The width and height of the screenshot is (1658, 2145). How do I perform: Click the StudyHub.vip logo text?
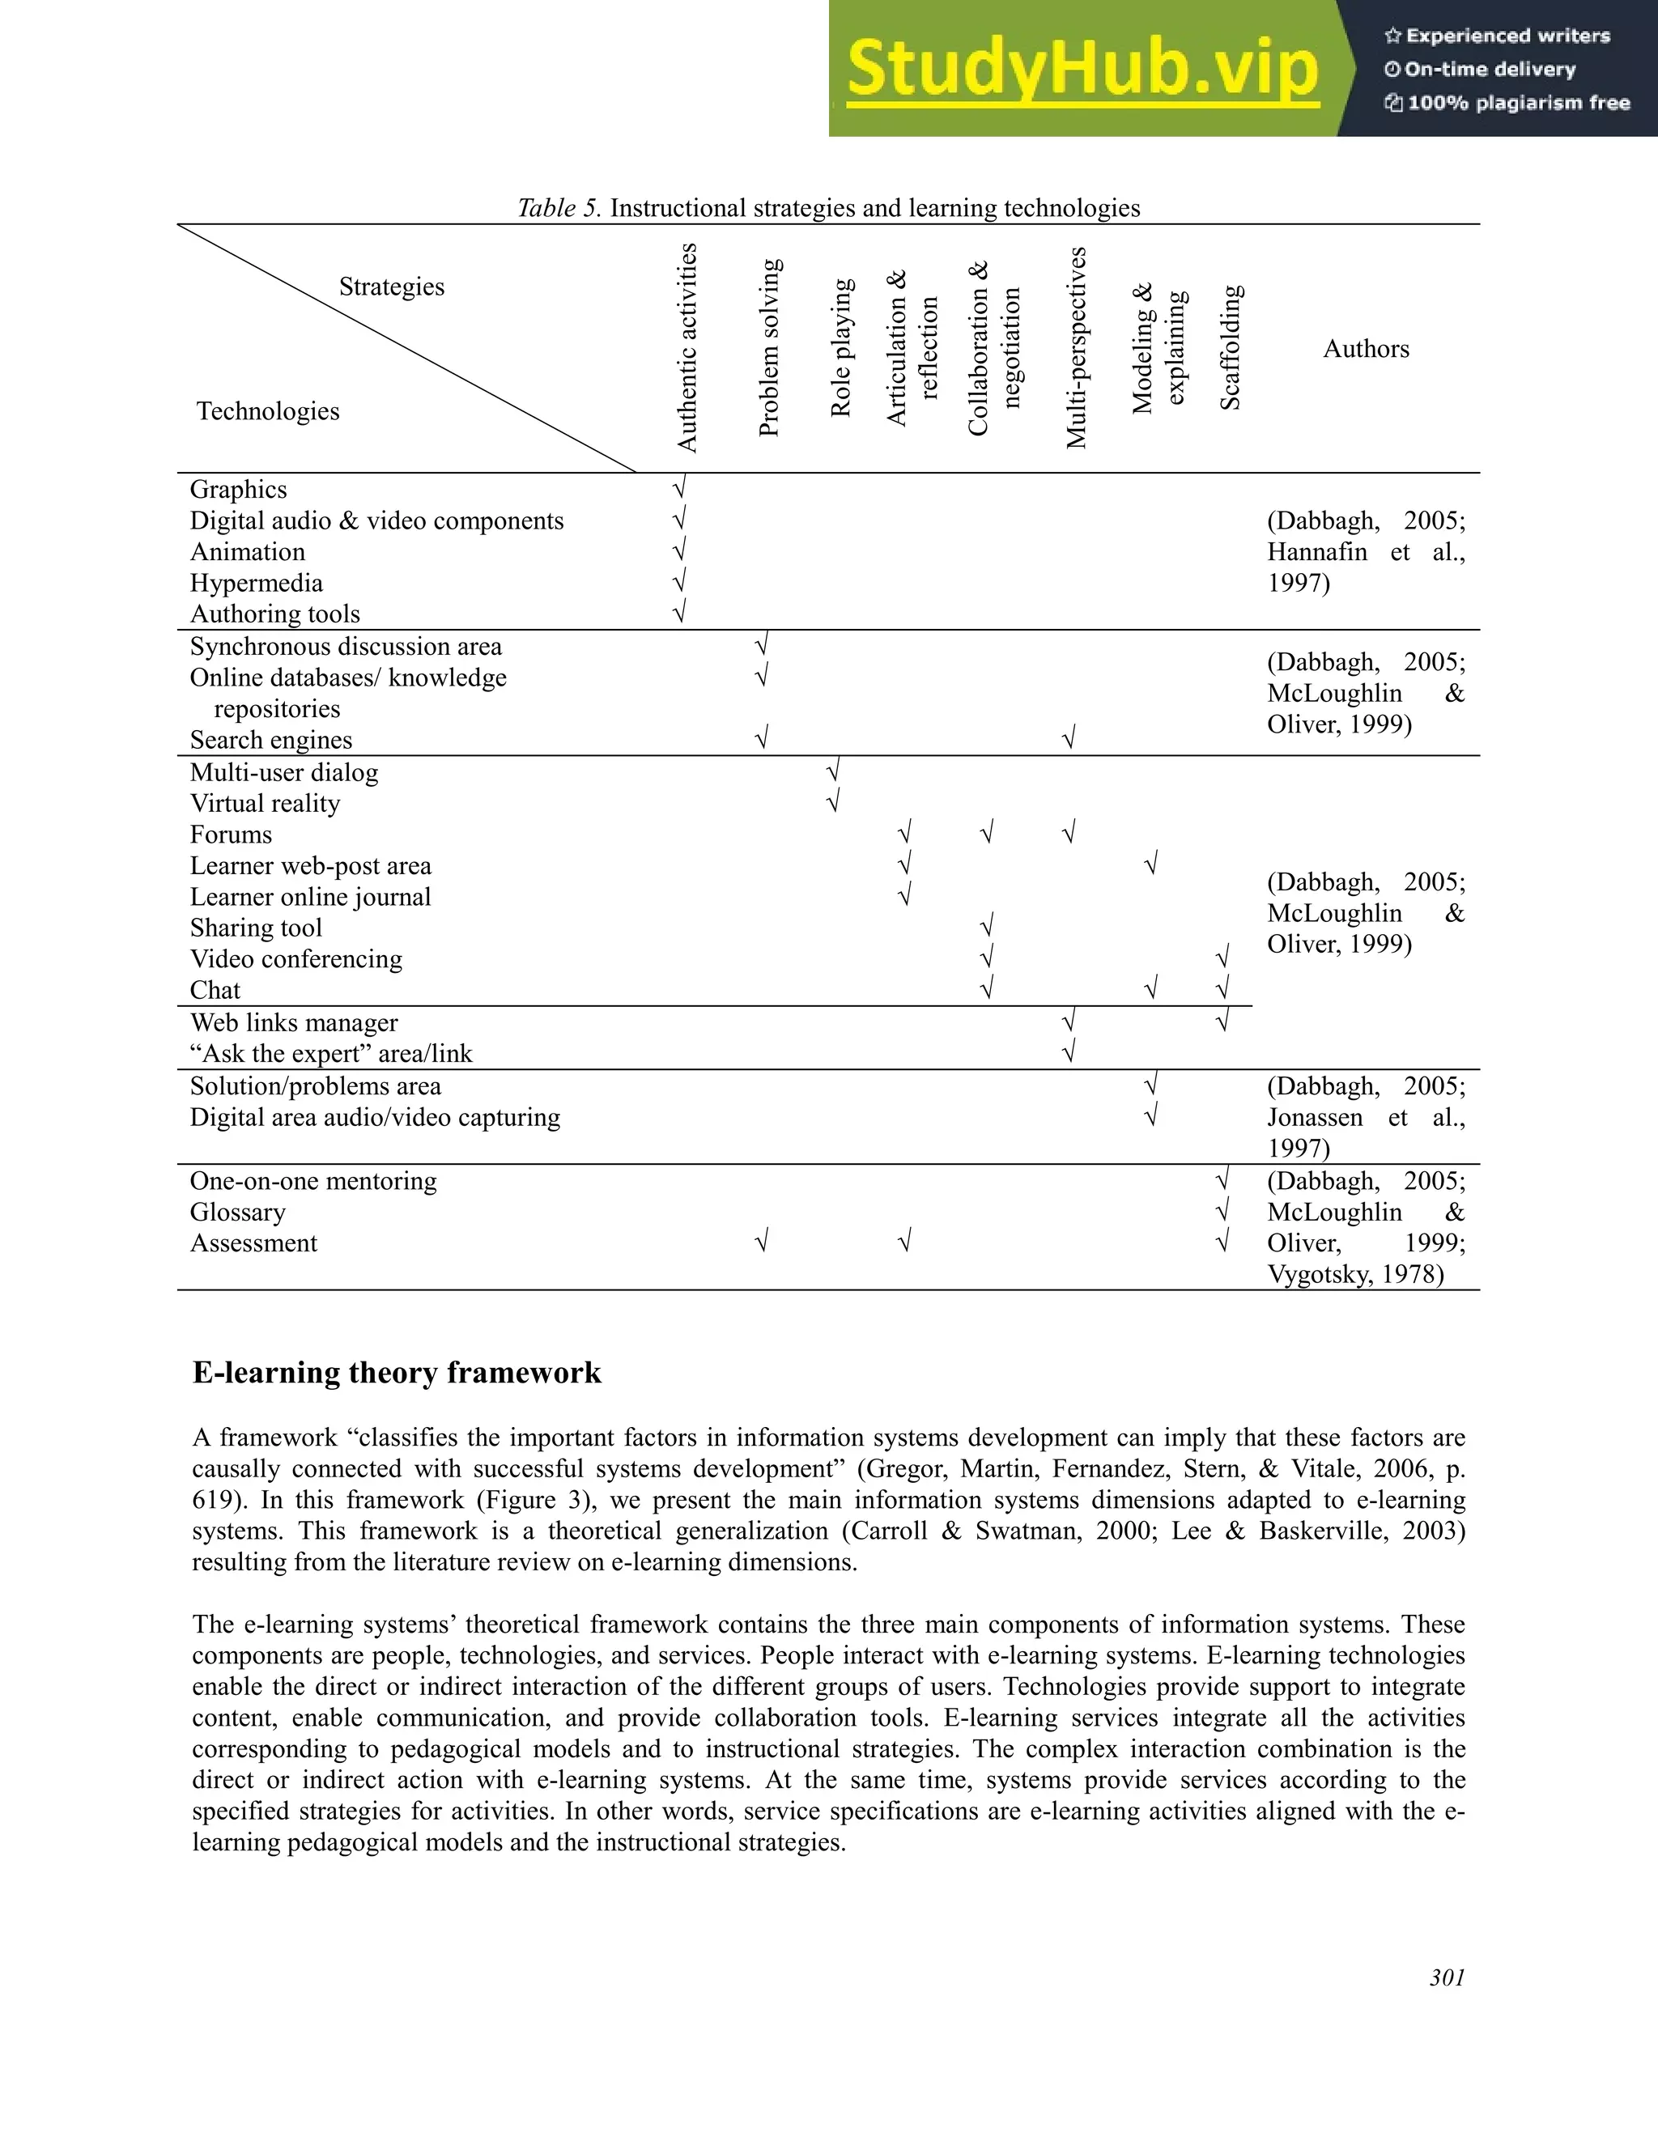[1082, 70]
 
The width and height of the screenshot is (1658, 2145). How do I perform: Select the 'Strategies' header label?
[391, 287]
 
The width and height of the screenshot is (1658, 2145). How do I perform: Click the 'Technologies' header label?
[267, 411]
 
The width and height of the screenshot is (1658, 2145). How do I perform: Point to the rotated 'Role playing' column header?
[841, 349]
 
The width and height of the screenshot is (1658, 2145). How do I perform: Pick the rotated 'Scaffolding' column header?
[1231, 348]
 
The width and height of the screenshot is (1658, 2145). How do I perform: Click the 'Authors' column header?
[1365, 349]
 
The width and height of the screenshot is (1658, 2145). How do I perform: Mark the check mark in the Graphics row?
[678, 488]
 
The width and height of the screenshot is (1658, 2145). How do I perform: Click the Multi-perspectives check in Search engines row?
[1069, 737]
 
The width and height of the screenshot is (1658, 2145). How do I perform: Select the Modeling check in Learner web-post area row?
[1150, 864]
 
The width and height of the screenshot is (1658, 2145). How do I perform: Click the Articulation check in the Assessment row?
[904, 1242]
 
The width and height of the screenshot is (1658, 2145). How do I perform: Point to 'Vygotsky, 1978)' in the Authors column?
[1354, 1275]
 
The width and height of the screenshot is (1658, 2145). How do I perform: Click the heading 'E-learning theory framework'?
[396, 1372]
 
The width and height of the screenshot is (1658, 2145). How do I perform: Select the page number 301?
[1447, 1977]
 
